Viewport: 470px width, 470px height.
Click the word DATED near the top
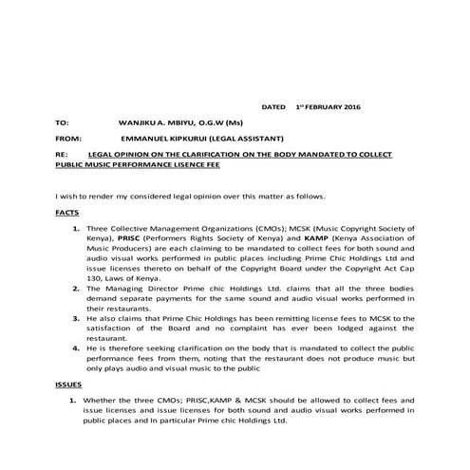(274, 107)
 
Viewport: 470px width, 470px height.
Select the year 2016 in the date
(348, 107)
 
